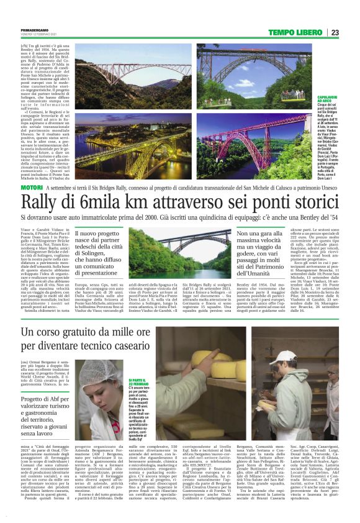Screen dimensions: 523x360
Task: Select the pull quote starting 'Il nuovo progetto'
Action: click(x=111, y=253)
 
